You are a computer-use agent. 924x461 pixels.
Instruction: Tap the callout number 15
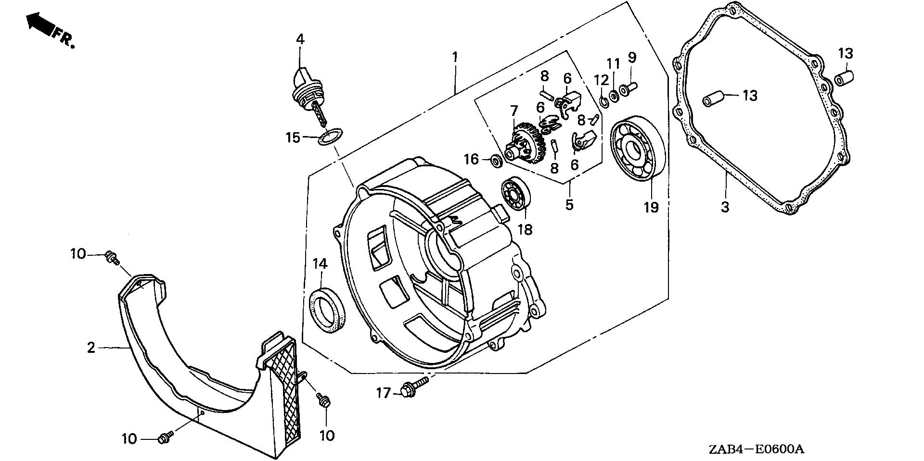(293, 138)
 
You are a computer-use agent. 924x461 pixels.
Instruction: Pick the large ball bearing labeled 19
(638, 149)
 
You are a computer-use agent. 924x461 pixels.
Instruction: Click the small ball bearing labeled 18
(516, 195)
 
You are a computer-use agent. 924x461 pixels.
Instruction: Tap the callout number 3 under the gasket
(725, 208)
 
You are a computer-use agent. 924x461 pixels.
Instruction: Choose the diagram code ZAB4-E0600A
(756, 449)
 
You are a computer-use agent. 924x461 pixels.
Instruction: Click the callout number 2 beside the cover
(91, 347)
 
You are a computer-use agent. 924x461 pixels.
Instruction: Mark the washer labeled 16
(495, 161)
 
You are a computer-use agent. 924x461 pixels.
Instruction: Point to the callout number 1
(454, 57)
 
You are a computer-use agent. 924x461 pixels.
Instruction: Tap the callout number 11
(613, 64)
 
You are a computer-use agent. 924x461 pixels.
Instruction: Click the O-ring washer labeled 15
(329, 136)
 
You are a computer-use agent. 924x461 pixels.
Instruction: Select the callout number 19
(651, 207)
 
